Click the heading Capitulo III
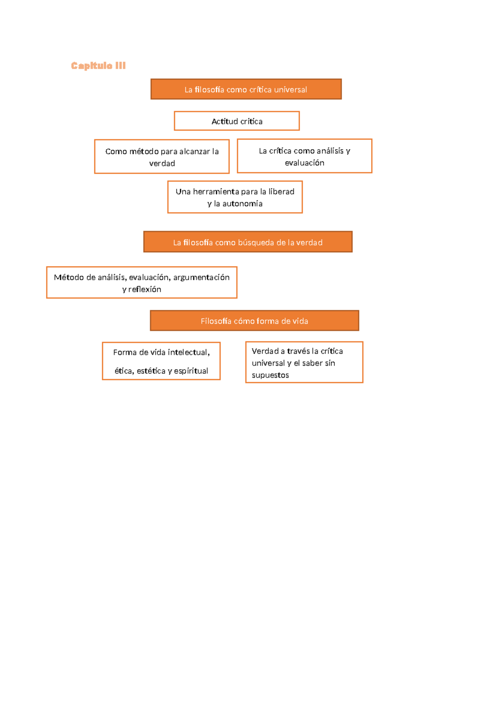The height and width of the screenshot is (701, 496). [x=98, y=66]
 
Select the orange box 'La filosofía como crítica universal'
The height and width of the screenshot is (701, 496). [x=246, y=89]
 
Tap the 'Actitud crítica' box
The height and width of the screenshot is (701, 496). [x=237, y=121]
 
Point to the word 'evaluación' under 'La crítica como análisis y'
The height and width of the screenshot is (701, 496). [x=305, y=163]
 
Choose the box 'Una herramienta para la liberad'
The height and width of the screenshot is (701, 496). [x=235, y=197]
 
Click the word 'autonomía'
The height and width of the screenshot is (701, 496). [x=242, y=204]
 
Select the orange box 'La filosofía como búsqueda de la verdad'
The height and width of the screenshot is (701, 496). [x=248, y=242]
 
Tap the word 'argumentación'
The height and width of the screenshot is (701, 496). [x=201, y=277]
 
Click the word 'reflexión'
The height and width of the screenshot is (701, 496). [x=145, y=289]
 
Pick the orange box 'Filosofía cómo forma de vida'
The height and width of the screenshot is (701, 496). [x=254, y=321]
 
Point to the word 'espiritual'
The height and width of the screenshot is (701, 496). [x=191, y=371]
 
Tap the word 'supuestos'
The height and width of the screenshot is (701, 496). [x=270, y=375]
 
